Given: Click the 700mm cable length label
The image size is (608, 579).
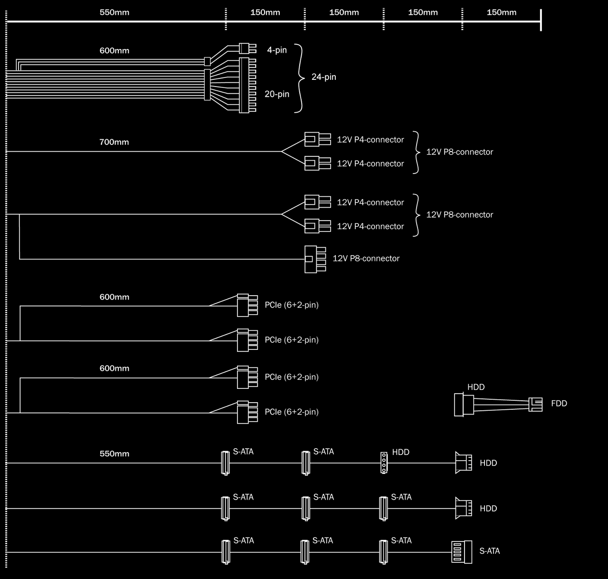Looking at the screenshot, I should (114, 142).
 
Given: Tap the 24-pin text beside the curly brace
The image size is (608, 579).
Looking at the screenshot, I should (323, 77).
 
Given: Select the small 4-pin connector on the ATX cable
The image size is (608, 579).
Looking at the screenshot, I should (244, 48).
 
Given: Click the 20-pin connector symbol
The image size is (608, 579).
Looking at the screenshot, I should (244, 85).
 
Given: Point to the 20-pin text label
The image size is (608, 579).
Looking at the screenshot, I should (277, 94).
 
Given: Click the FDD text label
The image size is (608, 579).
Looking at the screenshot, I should (559, 404).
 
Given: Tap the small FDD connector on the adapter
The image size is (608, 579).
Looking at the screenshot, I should (535, 404).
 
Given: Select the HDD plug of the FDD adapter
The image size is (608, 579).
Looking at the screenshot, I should (459, 405).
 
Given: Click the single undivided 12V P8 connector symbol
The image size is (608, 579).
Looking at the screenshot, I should (314, 259).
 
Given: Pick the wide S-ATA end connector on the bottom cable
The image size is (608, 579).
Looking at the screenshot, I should (461, 552).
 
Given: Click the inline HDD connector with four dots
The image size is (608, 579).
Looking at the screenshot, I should (384, 463).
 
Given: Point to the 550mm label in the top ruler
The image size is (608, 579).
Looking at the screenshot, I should (114, 12).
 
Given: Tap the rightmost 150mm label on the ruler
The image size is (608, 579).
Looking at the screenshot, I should (501, 12).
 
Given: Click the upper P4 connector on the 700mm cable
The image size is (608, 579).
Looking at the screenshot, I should (317, 139).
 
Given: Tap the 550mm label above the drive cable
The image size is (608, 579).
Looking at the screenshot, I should (114, 454).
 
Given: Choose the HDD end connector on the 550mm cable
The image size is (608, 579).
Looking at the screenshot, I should (463, 463).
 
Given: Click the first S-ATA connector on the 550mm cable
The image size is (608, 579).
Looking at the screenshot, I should (225, 463).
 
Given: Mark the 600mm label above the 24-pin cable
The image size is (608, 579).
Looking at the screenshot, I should (114, 51).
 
